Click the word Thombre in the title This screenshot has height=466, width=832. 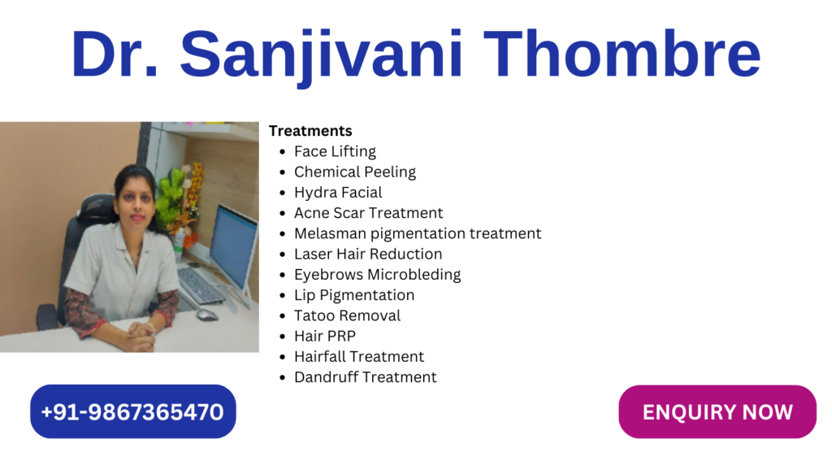tap(622, 53)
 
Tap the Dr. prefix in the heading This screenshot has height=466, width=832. tap(115, 54)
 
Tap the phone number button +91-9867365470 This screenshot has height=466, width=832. tap(132, 412)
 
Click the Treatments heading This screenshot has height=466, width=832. tap(310, 131)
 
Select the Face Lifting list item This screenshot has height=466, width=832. tap(335, 151)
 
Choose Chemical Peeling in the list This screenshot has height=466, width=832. tap(355, 172)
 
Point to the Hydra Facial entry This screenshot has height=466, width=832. tap(338, 193)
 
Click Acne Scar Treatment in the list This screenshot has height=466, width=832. tap(368, 213)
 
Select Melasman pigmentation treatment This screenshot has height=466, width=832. tap(418, 233)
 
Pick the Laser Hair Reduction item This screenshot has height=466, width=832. tap(368, 254)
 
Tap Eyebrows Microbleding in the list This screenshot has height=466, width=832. tap(377, 275)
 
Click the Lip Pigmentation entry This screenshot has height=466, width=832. tap(354, 295)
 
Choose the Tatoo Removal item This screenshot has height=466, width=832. tap(347, 316)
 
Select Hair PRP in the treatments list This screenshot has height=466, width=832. tap(325, 337)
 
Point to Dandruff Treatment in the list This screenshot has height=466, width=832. tap(365, 377)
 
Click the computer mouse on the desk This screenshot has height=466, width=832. tap(207, 315)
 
